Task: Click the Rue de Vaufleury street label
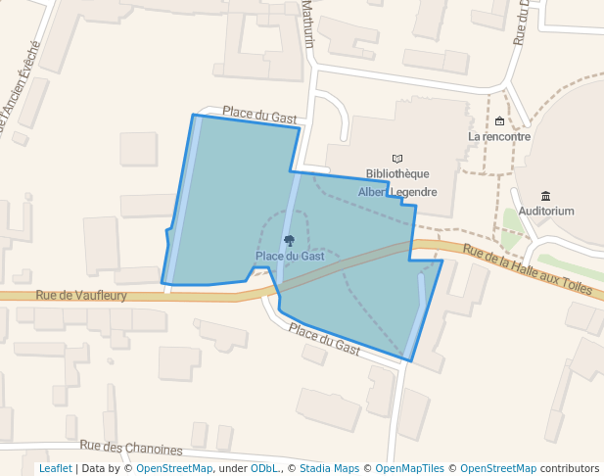(81, 295)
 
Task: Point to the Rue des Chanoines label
(131, 448)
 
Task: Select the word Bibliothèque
(397, 174)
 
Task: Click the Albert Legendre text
(397, 192)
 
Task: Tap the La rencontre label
(499, 137)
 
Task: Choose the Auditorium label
(546, 211)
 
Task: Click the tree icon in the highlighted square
(289, 240)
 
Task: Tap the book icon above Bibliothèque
(397, 159)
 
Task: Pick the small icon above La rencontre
(499, 121)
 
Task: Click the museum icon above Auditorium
(545, 196)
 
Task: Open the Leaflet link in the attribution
(55, 468)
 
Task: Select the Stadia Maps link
(329, 468)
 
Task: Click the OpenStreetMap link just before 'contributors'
(497, 468)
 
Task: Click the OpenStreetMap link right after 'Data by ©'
(173, 468)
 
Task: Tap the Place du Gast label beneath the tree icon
(290, 257)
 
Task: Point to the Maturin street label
(307, 24)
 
